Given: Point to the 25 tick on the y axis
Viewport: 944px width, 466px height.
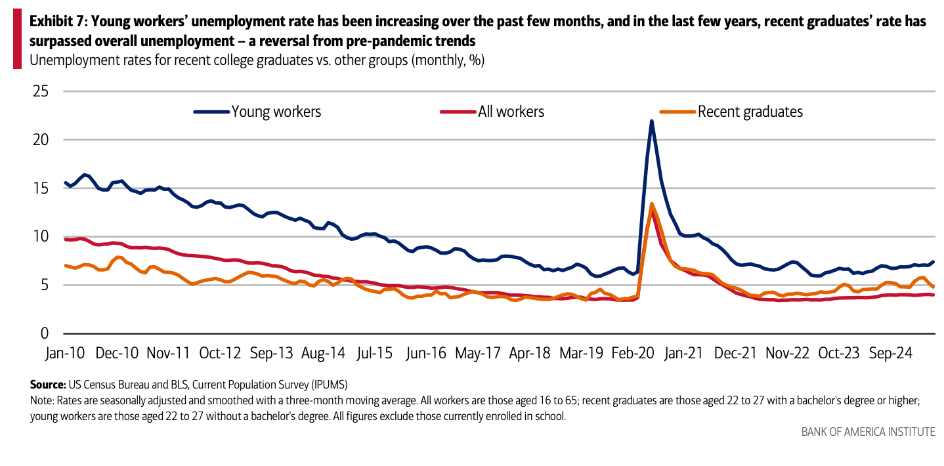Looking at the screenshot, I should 41,91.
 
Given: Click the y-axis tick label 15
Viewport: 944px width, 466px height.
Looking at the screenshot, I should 41,188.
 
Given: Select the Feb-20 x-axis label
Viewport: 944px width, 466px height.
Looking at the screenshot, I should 633,352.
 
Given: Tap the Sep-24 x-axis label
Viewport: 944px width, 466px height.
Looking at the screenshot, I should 890,352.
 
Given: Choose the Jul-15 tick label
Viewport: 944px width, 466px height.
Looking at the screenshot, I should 375,352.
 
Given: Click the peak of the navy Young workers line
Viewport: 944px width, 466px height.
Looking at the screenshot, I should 651,121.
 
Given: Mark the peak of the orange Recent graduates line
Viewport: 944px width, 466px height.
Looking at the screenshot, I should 651,203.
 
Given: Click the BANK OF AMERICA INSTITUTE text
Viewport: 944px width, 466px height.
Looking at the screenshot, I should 868,431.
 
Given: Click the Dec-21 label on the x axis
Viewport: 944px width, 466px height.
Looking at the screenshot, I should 736,352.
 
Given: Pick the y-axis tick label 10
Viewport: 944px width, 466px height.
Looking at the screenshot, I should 41,236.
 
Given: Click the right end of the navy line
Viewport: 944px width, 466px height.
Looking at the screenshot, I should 933,262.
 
